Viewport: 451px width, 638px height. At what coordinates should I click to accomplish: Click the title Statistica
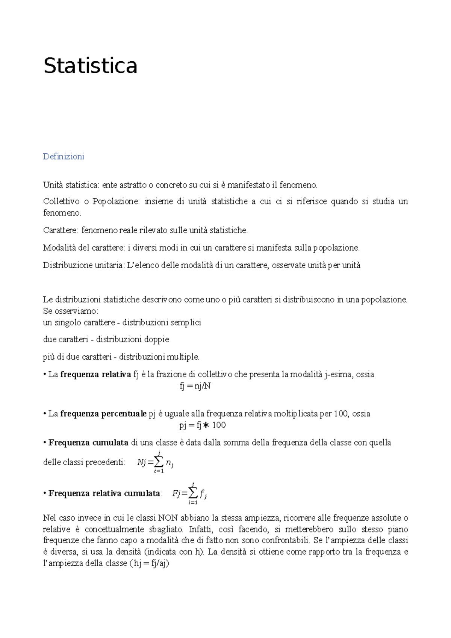[x=90, y=66]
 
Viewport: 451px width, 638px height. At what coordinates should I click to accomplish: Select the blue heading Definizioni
[x=64, y=157]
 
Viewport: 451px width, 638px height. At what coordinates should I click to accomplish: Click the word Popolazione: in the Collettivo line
[x=116, y=201]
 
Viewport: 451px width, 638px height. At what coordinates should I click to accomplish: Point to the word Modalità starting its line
[x=57, y=248]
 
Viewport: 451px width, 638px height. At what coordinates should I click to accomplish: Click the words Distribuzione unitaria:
[x=83, y=265]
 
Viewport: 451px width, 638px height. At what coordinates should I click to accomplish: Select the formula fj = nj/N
[x=195, y=386]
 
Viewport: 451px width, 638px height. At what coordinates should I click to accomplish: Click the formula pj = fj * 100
[x=202, y=425]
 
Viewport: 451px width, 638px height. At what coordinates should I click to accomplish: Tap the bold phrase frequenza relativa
[x=95, y=374]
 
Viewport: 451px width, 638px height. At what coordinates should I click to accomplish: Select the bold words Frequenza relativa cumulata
[x=104, y=493]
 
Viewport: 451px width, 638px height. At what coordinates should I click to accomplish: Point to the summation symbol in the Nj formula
[x=159, y=462]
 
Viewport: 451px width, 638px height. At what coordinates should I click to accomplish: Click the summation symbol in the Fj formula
[x=193, y=493]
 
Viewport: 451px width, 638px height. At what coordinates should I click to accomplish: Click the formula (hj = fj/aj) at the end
[x=149, y=564]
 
